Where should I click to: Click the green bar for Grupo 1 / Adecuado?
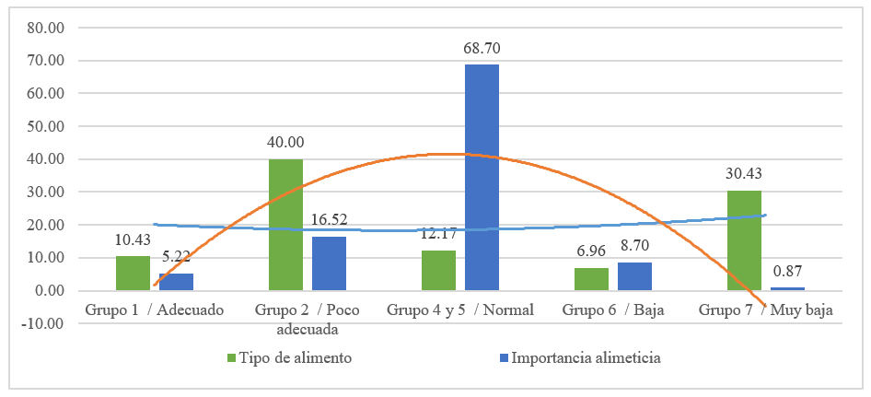133,274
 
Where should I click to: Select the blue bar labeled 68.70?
482,177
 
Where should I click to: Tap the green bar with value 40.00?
285,225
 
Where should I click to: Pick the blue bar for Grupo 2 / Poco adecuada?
329,263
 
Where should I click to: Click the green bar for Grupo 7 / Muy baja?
744,240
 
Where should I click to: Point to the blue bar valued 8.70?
634,276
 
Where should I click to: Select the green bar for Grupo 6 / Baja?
591,279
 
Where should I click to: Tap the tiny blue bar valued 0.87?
787,289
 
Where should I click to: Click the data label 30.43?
744,174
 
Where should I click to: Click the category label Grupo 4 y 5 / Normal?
459,309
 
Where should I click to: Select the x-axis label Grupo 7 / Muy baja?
765,309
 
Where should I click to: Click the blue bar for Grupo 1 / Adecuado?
176,282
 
